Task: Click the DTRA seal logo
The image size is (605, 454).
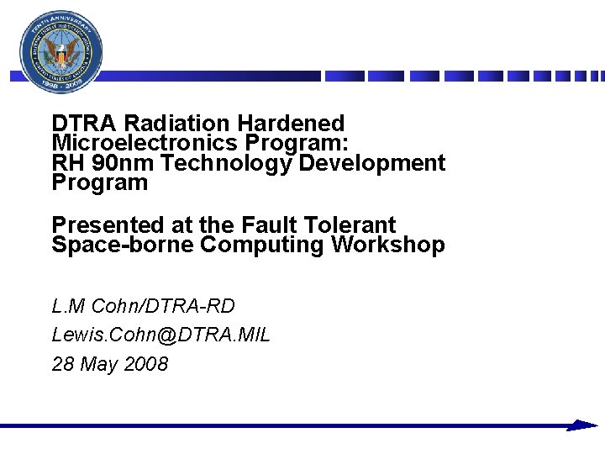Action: click(61, 51)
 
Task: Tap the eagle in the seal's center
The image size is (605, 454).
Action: click(61, 55)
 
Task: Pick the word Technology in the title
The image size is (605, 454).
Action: click(225, 162)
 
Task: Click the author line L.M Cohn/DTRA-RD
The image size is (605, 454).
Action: click(143, 305)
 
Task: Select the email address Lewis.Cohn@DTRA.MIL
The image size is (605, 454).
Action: click(160, 335)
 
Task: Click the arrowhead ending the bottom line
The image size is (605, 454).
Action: click(581, 425)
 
